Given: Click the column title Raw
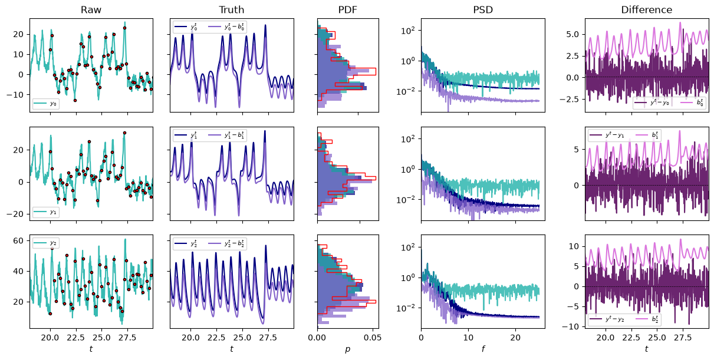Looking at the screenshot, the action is point(91,9).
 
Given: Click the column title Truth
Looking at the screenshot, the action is point(231,9).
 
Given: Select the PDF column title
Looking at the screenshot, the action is point(348,9).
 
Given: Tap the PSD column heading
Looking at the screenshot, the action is point(483,9).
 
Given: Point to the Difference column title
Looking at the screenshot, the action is point(647,9).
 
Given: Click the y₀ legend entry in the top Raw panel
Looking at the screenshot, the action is point(45,104).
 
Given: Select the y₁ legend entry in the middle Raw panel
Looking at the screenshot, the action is point(45,212).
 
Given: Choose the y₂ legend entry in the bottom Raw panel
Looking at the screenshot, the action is point(45,243).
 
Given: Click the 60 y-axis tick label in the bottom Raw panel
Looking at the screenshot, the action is point(18,241).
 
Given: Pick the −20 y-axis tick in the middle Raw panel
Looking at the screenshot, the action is point(15,214).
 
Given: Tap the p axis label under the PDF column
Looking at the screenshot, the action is point(348,349).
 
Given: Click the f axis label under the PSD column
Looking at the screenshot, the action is point(483,349).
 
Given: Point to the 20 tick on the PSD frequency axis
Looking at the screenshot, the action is point(516,338).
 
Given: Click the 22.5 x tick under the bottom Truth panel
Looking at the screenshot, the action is point(216,338).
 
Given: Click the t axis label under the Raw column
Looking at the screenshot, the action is point(91,349).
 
